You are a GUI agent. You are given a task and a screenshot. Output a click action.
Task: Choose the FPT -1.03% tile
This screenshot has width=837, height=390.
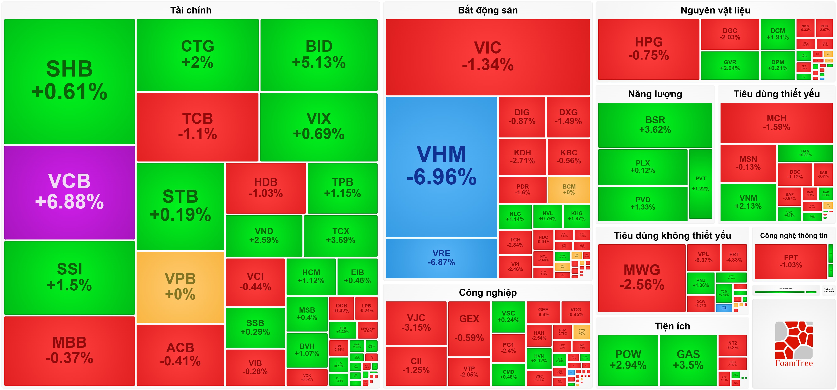[790, 261]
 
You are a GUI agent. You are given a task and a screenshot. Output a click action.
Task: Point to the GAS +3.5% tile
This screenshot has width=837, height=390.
[688, 360]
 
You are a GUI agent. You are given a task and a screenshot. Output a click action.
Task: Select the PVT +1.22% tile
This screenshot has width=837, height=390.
[701, 183]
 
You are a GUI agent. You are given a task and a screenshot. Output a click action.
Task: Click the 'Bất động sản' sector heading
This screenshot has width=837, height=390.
[487, 10]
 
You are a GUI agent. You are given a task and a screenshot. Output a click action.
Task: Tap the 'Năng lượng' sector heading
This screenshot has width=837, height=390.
[655, 94]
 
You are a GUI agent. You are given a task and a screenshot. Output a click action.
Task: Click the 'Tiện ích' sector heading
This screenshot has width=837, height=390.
[672, 326]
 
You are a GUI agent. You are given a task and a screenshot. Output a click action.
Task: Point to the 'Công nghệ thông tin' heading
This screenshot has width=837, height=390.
[793, 236]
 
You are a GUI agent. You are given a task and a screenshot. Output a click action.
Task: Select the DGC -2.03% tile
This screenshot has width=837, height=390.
[729, 34]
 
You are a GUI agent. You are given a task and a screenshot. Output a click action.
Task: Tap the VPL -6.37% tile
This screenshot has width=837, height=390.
[703, 257]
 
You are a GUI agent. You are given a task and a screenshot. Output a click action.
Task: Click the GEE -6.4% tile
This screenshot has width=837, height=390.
[543, 312]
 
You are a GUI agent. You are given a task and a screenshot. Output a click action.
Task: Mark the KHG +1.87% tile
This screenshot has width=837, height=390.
[576, 216]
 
